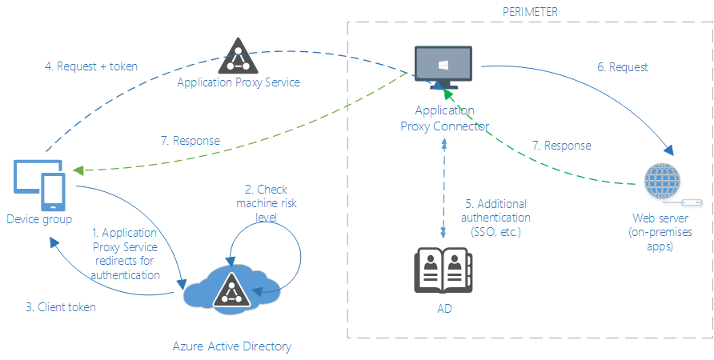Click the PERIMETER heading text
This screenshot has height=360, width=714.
click(x=529, y=11)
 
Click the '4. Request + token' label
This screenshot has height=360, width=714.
click(x=91, y=66)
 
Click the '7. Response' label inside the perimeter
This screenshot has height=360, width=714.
click(x=561, y=146)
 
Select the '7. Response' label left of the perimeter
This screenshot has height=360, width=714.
click(x=190, y=141)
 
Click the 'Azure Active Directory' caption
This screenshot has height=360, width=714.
click(x=232, y=346)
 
